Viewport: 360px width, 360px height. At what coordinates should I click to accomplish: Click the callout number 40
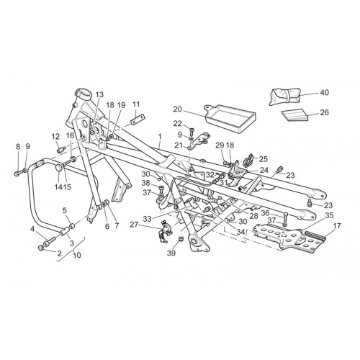(324, 93)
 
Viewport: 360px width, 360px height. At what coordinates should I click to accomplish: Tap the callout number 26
(324, 112)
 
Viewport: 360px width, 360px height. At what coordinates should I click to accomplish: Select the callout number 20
(178, 109)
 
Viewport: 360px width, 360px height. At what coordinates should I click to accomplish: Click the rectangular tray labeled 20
(230, 118)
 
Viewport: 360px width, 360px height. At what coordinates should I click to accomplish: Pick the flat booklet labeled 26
(295, 116)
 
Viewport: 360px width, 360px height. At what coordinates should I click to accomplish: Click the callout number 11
(136, 104)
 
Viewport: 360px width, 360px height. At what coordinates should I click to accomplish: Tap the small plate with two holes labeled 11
(138, 120)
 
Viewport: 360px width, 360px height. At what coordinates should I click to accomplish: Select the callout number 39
(171, 253)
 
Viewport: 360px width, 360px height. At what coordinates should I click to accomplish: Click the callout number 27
(135, 225)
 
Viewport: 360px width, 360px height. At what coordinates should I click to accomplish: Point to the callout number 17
(337, 225)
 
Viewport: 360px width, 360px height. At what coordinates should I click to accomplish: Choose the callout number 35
(329, 215)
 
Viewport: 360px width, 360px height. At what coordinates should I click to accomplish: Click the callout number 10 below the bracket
(77, 255)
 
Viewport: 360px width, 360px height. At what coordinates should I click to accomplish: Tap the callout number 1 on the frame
(160, 136)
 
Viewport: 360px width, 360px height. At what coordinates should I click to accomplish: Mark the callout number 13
(99, 94)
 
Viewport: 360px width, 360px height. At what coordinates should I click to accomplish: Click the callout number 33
(148, 219)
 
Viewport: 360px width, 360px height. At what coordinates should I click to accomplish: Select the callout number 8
(18, 146)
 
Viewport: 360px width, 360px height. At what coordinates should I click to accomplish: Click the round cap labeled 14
(59, 168)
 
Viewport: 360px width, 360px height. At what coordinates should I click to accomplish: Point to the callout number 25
(263, 159)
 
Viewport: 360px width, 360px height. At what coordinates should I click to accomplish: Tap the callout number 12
(55, 137)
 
